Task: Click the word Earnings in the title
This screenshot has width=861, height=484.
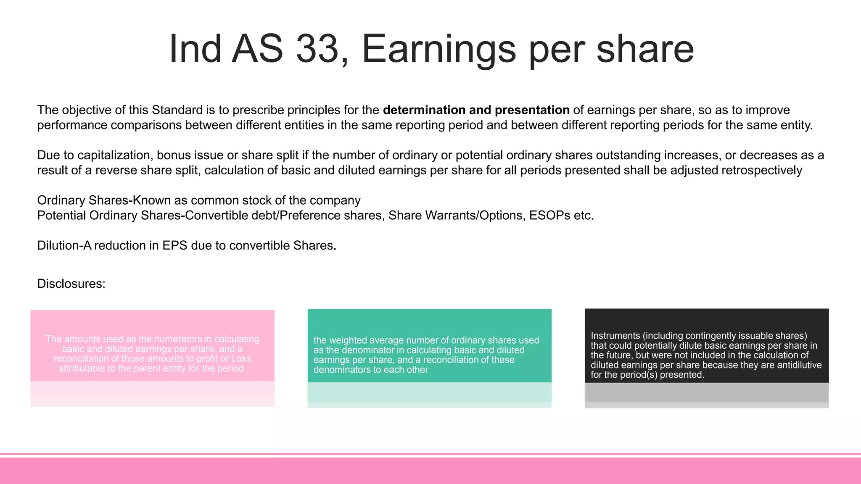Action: click(438, 50)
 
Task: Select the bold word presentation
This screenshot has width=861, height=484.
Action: click(532, 110)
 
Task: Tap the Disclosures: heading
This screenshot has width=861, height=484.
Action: click(71, 284)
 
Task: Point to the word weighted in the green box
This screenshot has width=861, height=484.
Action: click(346, 340)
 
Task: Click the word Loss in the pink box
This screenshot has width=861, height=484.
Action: click(241, 359)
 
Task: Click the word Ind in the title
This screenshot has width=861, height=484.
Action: click(195, 49)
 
